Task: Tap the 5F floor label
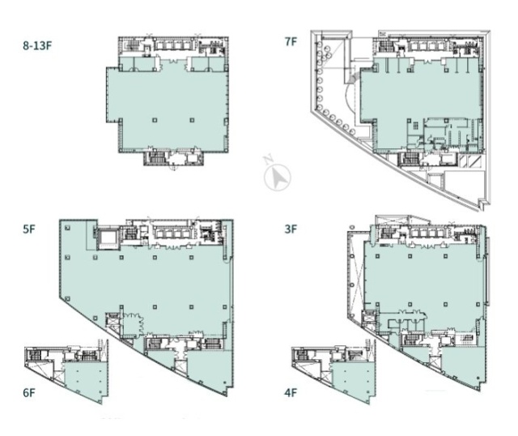click(x=30, y=229)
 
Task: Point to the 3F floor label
click(x=291, y=229)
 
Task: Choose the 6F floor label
click(x=30, y=393)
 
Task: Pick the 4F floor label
click(x=290, y=393)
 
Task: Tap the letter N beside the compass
click(x=269, y=161)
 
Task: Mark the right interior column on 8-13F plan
click(x=193, y=120)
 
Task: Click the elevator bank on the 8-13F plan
click(x=169, y=45)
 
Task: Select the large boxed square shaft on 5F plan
click(x=107, y=237)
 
